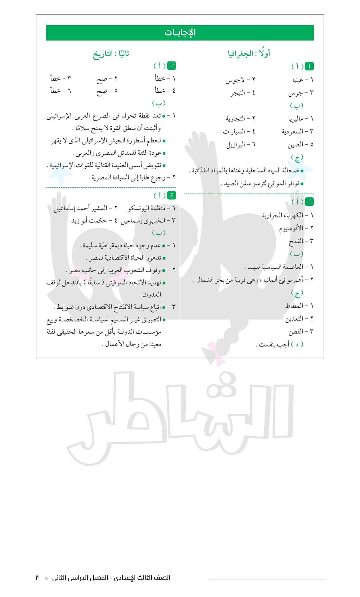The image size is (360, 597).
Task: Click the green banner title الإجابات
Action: [x=180, y=33]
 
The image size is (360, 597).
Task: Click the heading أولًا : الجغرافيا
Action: [x=249, y=53]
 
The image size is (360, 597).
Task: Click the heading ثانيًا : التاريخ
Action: [x=111, y=54]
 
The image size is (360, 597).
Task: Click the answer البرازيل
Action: [x=236, y=144]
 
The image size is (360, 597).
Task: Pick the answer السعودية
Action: [x=293, y=131]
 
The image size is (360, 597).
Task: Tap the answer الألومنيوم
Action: [x=291, y=228]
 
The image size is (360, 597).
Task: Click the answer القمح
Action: [x=296, y=241]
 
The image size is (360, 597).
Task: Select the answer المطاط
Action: [x=294, y=306]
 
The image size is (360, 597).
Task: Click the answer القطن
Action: [x=296, y=331]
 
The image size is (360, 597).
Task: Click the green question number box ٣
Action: [x=171, y=66]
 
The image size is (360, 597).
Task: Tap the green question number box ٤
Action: [x=171, y=195]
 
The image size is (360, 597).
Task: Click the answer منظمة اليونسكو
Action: [x=147, y=208]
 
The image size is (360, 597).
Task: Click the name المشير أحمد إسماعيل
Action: [x=80, y=208]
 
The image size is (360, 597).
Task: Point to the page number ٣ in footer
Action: [x=38, y=578]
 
